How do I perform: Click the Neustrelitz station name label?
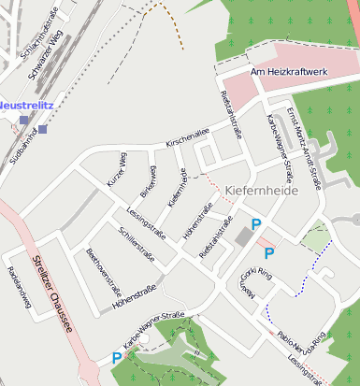(x=25, y=106)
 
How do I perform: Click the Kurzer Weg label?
(x=117, y=169)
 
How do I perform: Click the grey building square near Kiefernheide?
(x=245, y=237)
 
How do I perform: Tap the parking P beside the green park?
(x=117, y=357)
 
